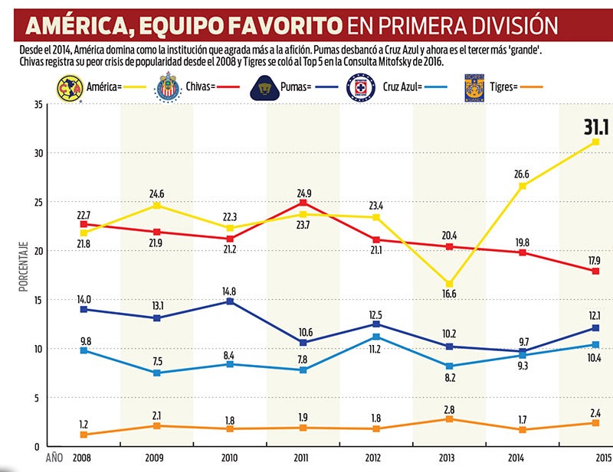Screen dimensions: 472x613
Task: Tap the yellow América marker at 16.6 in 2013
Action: point(449,284)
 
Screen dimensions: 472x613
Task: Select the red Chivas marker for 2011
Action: point(303,203)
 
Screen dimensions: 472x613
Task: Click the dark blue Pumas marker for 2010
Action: point(229,301)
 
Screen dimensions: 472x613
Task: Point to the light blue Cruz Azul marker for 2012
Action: point(376,337)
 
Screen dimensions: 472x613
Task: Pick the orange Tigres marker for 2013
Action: point(449,418)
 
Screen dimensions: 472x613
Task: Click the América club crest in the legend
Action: point(67,88)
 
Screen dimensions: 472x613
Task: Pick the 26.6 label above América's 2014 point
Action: point(523,174)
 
